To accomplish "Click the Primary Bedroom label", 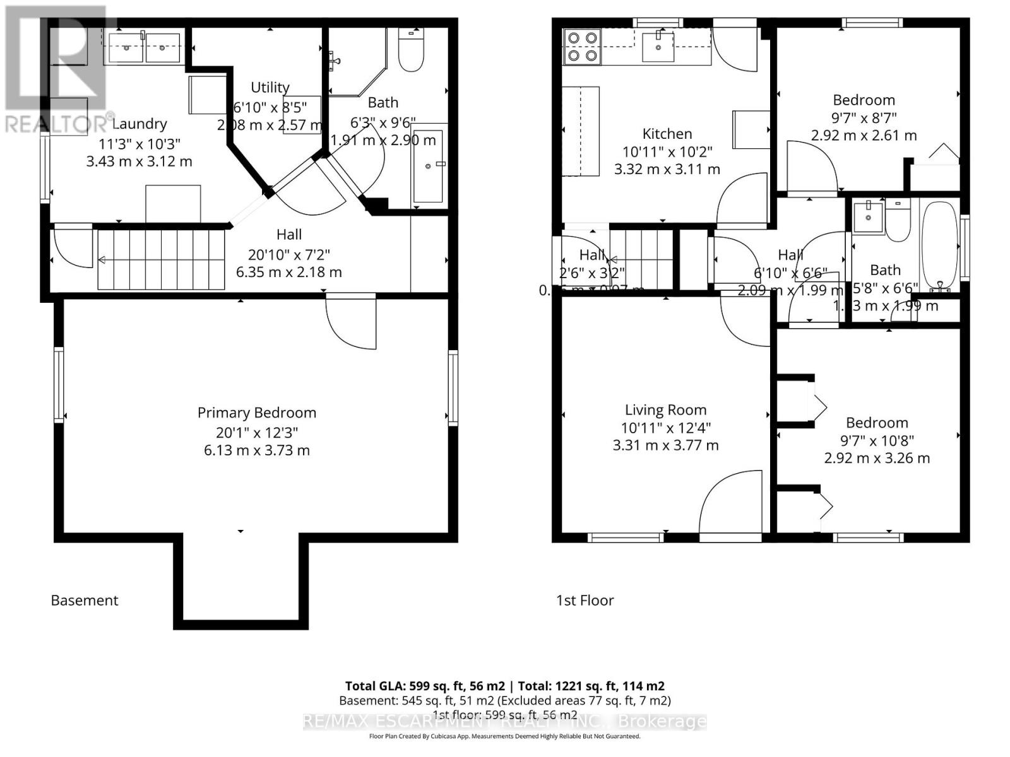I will (256, 413).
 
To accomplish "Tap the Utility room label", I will (270, 87).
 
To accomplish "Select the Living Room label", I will (665, 410).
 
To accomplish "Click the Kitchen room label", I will (667, 134).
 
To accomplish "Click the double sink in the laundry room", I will (145, 48).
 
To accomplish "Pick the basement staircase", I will (161, 259).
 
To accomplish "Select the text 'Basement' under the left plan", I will (84, 600).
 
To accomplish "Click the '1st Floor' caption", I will (585, 600).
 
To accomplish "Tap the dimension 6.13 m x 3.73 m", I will (256, 450).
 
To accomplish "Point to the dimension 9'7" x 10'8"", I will (877, 440).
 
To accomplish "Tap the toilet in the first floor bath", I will (896, 221).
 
